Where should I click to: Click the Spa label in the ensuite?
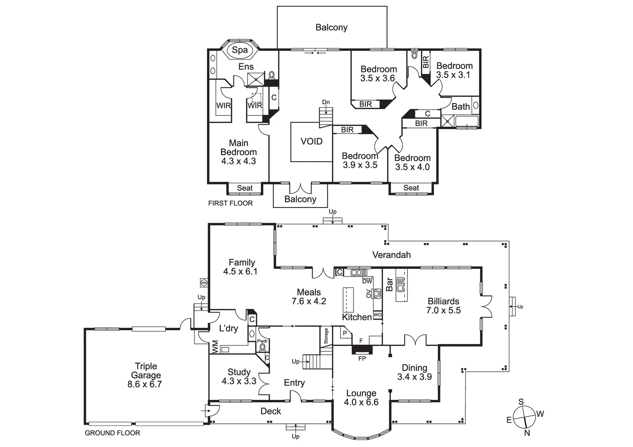(240, 50)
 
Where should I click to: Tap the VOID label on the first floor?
(311, 142)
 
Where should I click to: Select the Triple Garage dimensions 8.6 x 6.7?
(144, 384)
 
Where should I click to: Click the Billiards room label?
(443, 301)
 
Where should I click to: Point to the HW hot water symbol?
(204, 283)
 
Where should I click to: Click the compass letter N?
(527, 433)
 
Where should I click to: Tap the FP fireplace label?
(362, 358)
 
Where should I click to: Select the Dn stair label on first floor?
(326, 102)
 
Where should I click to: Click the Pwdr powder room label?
(262, 341)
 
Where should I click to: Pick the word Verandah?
(391, 255)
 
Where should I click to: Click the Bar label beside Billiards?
(390, 284)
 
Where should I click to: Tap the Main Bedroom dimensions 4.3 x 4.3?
(238, 161)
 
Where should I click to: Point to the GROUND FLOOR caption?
(112, 433)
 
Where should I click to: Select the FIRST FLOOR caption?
(230, 203)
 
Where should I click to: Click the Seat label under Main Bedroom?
(245, 188)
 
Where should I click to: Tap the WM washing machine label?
(215, 346)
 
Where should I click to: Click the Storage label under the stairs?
(326, 336)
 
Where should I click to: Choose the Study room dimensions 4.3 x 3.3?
(239, 381)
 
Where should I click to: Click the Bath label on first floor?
(460, 106)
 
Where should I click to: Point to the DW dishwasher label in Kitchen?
(367, 281)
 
